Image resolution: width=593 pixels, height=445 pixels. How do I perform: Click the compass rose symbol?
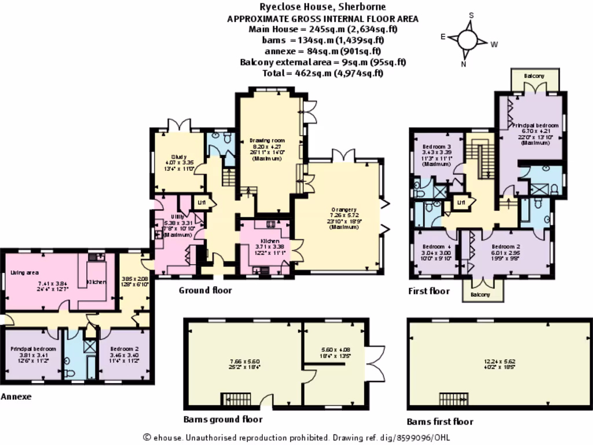tap(468, 40)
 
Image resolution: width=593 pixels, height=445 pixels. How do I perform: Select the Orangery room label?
tap(340, 209)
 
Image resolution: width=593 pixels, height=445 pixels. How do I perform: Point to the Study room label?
tap(177, 156)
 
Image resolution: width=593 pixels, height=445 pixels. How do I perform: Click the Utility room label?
tap(173, 216)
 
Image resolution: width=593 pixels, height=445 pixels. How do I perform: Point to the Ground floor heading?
tap(205, 290)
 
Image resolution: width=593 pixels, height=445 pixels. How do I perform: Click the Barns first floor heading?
tap(440, 421)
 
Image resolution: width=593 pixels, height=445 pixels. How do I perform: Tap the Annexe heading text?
tap(16, 397)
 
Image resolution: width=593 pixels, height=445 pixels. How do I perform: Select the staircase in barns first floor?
tap(453, 399)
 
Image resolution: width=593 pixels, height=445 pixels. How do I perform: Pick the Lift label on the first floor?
tap(462, 202)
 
